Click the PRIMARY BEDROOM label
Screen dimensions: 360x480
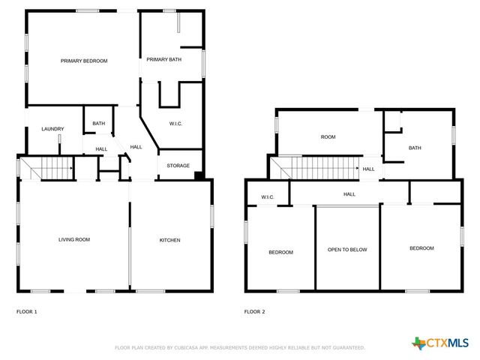tap(84, 61)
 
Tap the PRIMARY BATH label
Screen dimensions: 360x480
tap(163, 59)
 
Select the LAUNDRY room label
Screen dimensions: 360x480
tap(52, 129)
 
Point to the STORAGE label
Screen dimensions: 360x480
tap(178, 166)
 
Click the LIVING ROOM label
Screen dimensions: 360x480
tap(74, 240)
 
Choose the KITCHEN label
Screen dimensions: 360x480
tap(169, 240)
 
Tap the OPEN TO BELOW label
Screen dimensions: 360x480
tap(347, 250)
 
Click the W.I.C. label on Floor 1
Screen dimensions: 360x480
tap(176, 124)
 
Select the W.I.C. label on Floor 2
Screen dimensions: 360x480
tap(268, 197)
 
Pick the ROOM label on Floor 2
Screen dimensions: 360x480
tap(328, 137)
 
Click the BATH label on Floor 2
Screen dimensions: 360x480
tap(415, 148)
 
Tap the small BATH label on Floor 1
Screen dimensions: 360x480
tap(99, 124)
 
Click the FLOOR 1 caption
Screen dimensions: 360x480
tap(26, 311)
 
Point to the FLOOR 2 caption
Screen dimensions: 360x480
tap(254, 311)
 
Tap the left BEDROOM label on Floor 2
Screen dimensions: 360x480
tap(280, 252)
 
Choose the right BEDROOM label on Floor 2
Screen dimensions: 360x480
tap(421, 248)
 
